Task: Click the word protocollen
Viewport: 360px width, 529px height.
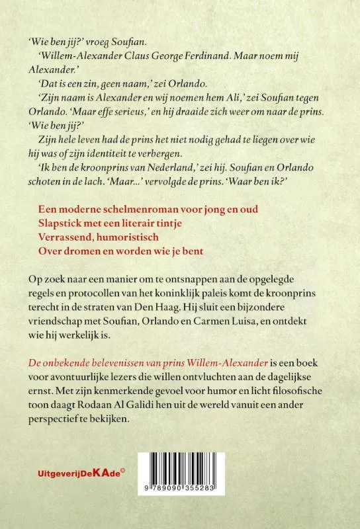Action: (91, 293)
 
